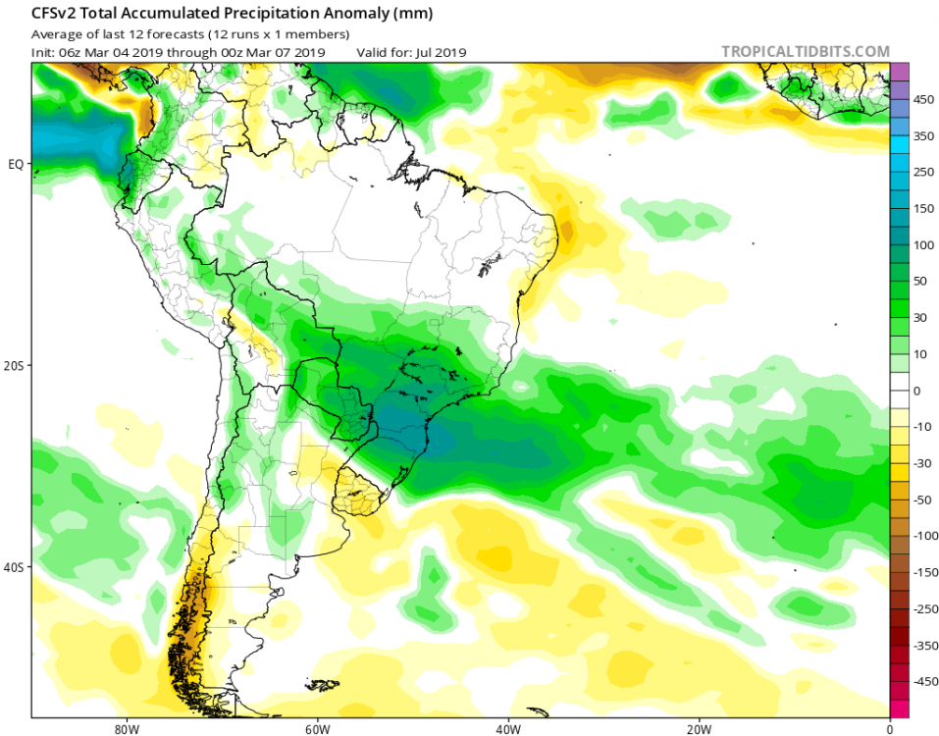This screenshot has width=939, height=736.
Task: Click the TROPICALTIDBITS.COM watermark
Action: click(x=805, y=51)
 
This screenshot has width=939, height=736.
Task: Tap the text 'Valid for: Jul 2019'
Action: click(x=411, y=52)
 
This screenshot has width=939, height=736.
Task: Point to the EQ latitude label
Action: click(x=16, y=164)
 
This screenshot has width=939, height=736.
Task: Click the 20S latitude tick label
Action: click(x=15, y=365)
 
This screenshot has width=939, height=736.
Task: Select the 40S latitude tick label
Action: click(x=15, y=567)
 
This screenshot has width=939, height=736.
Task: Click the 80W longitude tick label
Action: click(x=124, y=728)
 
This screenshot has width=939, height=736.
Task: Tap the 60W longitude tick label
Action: click(x=316, y=728)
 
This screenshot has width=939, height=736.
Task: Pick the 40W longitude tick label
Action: click(x=507, y=728)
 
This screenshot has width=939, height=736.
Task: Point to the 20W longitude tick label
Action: click(x=699, y=728)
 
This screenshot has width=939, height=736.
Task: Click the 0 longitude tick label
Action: click(x=889, y=728)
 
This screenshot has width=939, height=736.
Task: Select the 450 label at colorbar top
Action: click(x=923, y=100)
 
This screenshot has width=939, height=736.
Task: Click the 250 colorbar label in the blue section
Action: click(x=923, y=173)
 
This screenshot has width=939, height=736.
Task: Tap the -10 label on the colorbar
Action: click(x=923, y=427)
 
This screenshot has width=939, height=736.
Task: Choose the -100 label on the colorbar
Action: click(x=923, y=536)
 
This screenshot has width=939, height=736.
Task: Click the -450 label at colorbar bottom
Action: click(x=923, y=681)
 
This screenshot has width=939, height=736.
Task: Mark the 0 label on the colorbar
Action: click(x=917, y=391)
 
